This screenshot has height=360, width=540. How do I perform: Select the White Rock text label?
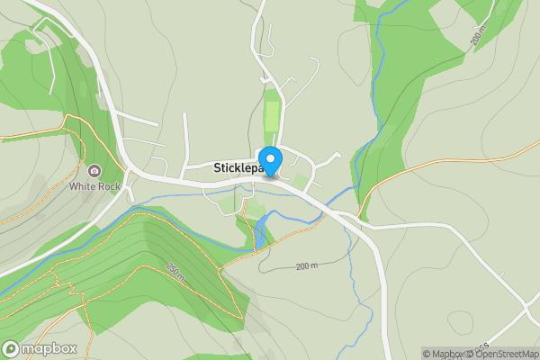click(94, 187)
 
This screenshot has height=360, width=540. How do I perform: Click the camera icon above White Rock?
click(94, 171)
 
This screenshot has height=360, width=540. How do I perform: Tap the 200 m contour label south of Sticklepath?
click(307, 266)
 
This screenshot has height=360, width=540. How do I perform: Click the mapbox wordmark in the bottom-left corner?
click(49, 349)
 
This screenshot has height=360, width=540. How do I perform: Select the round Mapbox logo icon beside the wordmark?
click(11, 349)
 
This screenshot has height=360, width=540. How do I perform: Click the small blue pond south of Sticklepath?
click(259, 237)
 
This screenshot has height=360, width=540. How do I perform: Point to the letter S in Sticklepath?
click(218, 167)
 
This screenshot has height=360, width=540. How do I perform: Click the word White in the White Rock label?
click(83, 187)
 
